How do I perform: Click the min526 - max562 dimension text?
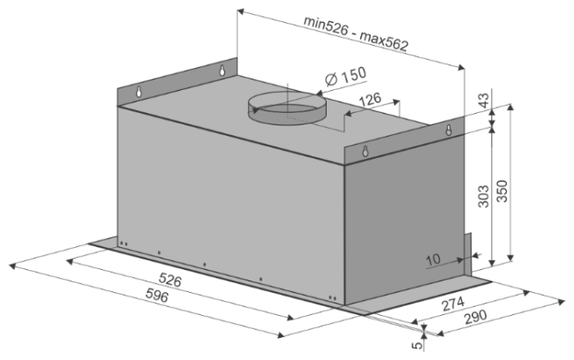pos(355,34)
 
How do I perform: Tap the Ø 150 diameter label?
pos(345,77)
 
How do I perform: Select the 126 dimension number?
pos(370,100)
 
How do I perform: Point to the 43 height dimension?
pos(483,101)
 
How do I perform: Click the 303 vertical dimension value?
pos(484,197)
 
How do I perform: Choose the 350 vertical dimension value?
pos(502,191)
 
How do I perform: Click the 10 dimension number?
pos(433,259)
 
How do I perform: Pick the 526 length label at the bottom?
pos(170,280)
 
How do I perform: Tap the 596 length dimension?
pos(157,295)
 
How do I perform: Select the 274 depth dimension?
pos(453,304)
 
